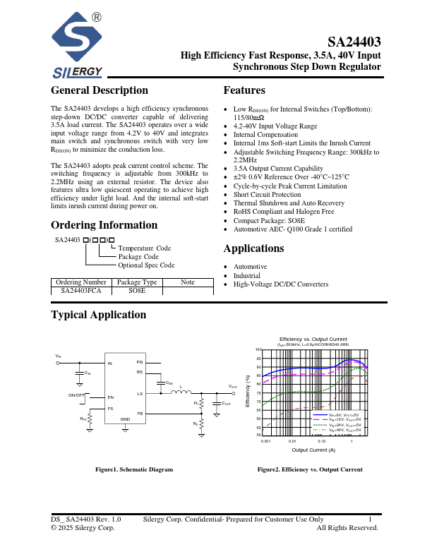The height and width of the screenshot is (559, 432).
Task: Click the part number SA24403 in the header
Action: [354, 42]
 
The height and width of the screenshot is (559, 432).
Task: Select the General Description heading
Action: [100, 90]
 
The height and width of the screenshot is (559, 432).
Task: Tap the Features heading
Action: [244, 90]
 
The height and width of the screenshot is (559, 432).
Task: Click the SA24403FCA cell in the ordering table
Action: [81, 290]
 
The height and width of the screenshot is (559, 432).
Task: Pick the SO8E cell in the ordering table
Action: [137, 290]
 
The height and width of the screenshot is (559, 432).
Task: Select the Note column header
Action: [187, 282]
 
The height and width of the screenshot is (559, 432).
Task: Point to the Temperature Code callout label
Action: [144, 248]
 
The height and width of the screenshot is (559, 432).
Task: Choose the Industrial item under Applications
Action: [248, 275]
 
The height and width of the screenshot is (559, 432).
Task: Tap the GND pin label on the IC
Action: [125, 419]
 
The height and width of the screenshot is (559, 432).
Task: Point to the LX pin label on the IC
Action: [140, 393]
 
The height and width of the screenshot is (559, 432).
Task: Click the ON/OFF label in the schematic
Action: [77, 395]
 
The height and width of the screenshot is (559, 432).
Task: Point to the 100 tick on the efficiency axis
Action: [259, 350]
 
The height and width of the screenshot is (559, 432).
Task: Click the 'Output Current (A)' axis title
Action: [313, 450]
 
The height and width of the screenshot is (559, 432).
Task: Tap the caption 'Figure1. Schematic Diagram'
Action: [134, 469]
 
